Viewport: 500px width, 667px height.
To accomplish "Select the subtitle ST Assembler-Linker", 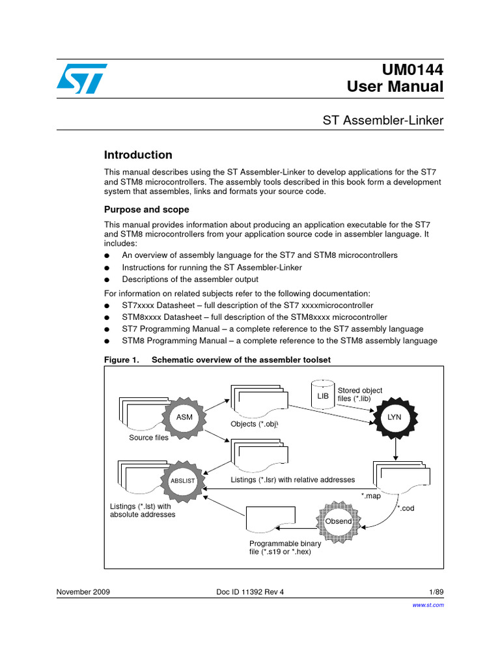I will (x=383, y=120).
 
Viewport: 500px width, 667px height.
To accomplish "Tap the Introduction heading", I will (x=138, y=155).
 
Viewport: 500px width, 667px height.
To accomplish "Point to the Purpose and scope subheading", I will (x=146, y=210).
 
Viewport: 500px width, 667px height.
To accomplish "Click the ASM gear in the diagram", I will (x=184, y=416).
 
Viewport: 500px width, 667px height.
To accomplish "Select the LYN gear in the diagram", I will (x=395, y=416).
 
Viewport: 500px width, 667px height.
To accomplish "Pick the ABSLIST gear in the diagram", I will (x=182, y=481).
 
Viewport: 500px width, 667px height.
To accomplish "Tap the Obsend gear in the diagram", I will (x=339, y=521).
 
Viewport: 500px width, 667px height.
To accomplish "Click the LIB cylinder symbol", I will (x=322, y=395).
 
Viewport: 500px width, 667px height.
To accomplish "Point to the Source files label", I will (x=148, y=438).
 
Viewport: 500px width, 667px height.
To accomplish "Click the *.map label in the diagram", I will (x=371, y=496).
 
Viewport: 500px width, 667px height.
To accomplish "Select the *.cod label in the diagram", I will (x=406, y=508).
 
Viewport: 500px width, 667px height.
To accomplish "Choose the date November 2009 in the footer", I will (x=83, y=592).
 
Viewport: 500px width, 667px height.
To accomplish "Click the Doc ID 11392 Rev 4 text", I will (x=250, y=592).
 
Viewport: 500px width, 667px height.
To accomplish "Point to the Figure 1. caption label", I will (x=122, y=360).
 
